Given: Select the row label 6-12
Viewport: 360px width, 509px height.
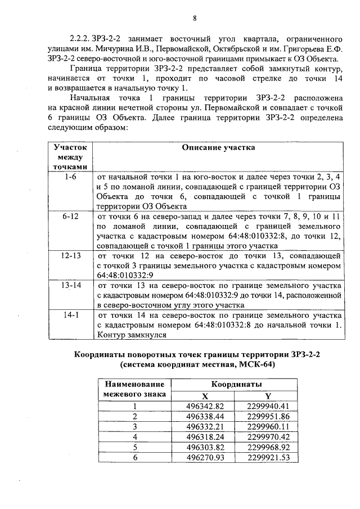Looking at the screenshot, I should pyautogui.click(x=70, y=216).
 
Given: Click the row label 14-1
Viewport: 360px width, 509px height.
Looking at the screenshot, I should pyautogui.click(x=70, y=315).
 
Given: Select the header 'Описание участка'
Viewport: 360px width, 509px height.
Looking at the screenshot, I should pyautogui.click(x=219, y=147).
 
